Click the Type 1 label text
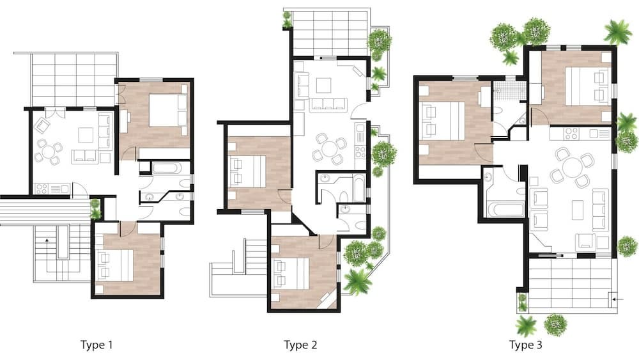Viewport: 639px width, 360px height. tap(96, 345)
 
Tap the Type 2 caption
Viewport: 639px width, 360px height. tap(300, 345)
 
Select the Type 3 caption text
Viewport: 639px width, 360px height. tap(526, 345)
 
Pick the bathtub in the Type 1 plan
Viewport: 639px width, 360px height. tap(166, 168)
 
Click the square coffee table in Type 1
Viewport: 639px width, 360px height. tap(86, 135)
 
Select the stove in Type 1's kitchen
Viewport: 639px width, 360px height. tap(42, 189)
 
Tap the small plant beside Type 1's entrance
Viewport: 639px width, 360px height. tap(95, 208)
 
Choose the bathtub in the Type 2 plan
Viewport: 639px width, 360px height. tap(359, 188)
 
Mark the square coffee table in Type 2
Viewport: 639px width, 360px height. tap(323, 85)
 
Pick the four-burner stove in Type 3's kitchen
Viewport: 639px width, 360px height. tap(571, 134)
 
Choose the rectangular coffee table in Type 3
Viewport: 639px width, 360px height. tap(578, 210)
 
